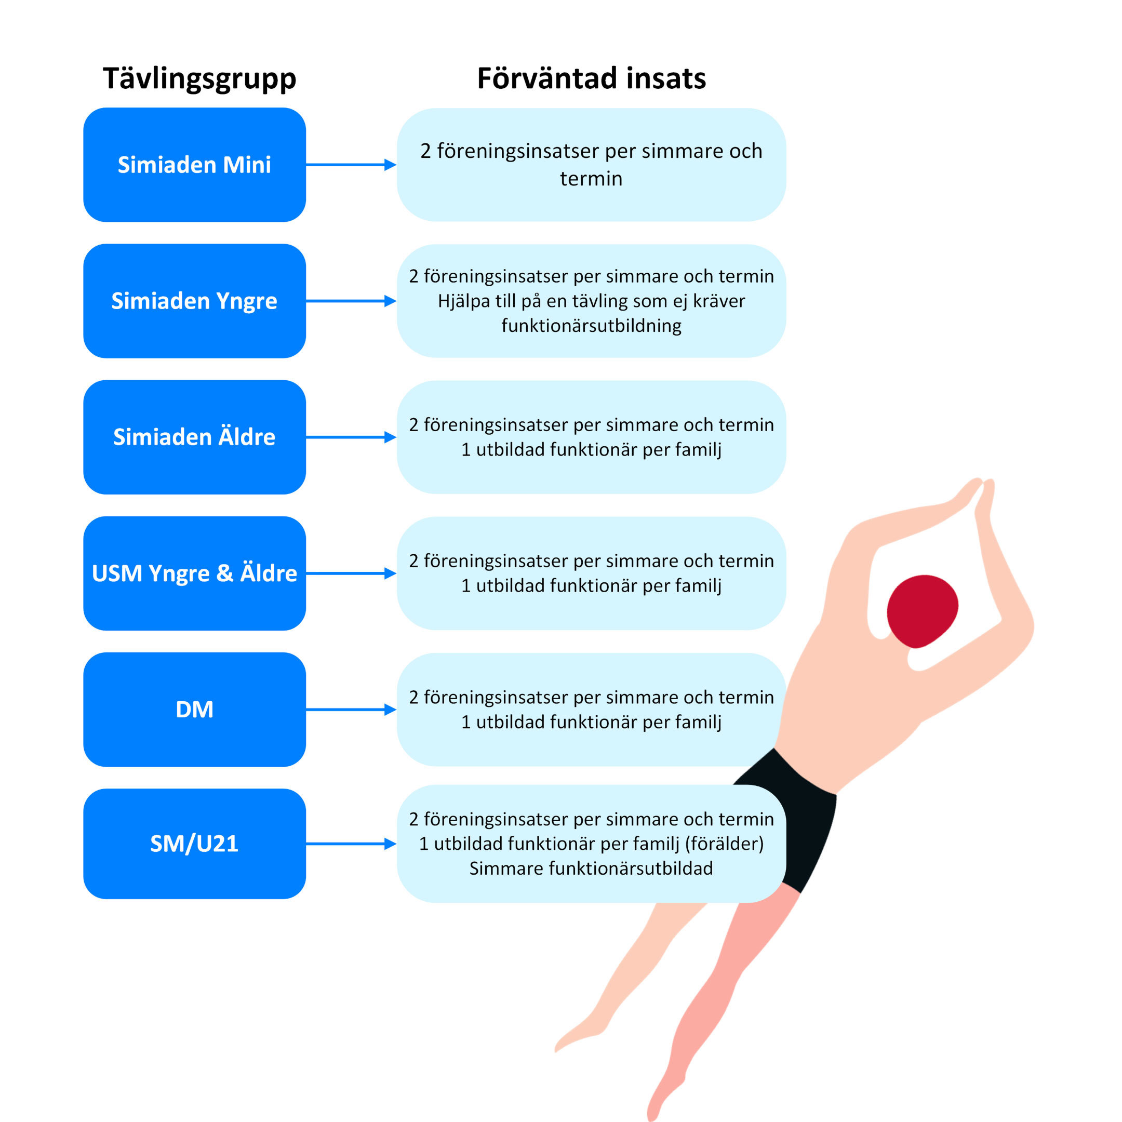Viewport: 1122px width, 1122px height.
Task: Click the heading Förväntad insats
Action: pyautogui.click(x=591, y=78)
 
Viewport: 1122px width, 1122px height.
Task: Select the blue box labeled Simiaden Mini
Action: pyautogui.click(x=195, y=164)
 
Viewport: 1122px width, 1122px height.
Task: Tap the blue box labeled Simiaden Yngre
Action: pyautogui.click(x=195, y=301)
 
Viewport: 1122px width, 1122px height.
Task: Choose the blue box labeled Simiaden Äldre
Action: pyautogui.click(x=195, y=437)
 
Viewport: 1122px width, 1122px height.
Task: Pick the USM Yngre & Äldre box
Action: pyautogui.click(x=195, y=573)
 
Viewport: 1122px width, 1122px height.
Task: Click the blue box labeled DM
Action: pyautogui.click(x=195, y=709)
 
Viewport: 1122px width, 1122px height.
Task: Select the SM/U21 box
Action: pyautogui.click(x=195, y=844)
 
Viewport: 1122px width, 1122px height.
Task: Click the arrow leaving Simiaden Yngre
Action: pyautogui.click(x=351, y=301)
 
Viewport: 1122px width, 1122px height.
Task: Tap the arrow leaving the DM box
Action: pyautogui.click(x=351, y=709)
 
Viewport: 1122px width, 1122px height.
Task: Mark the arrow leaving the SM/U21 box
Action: pyautogui.click(x=351, y=844)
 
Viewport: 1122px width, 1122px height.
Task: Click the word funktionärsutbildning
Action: pyautogui.click(x=591, y=326)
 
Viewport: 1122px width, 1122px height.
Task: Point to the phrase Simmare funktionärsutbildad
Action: pyautogui.click(x=591, y=868)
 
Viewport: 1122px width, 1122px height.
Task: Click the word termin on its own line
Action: pyautogui.click(x=591, y=179)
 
